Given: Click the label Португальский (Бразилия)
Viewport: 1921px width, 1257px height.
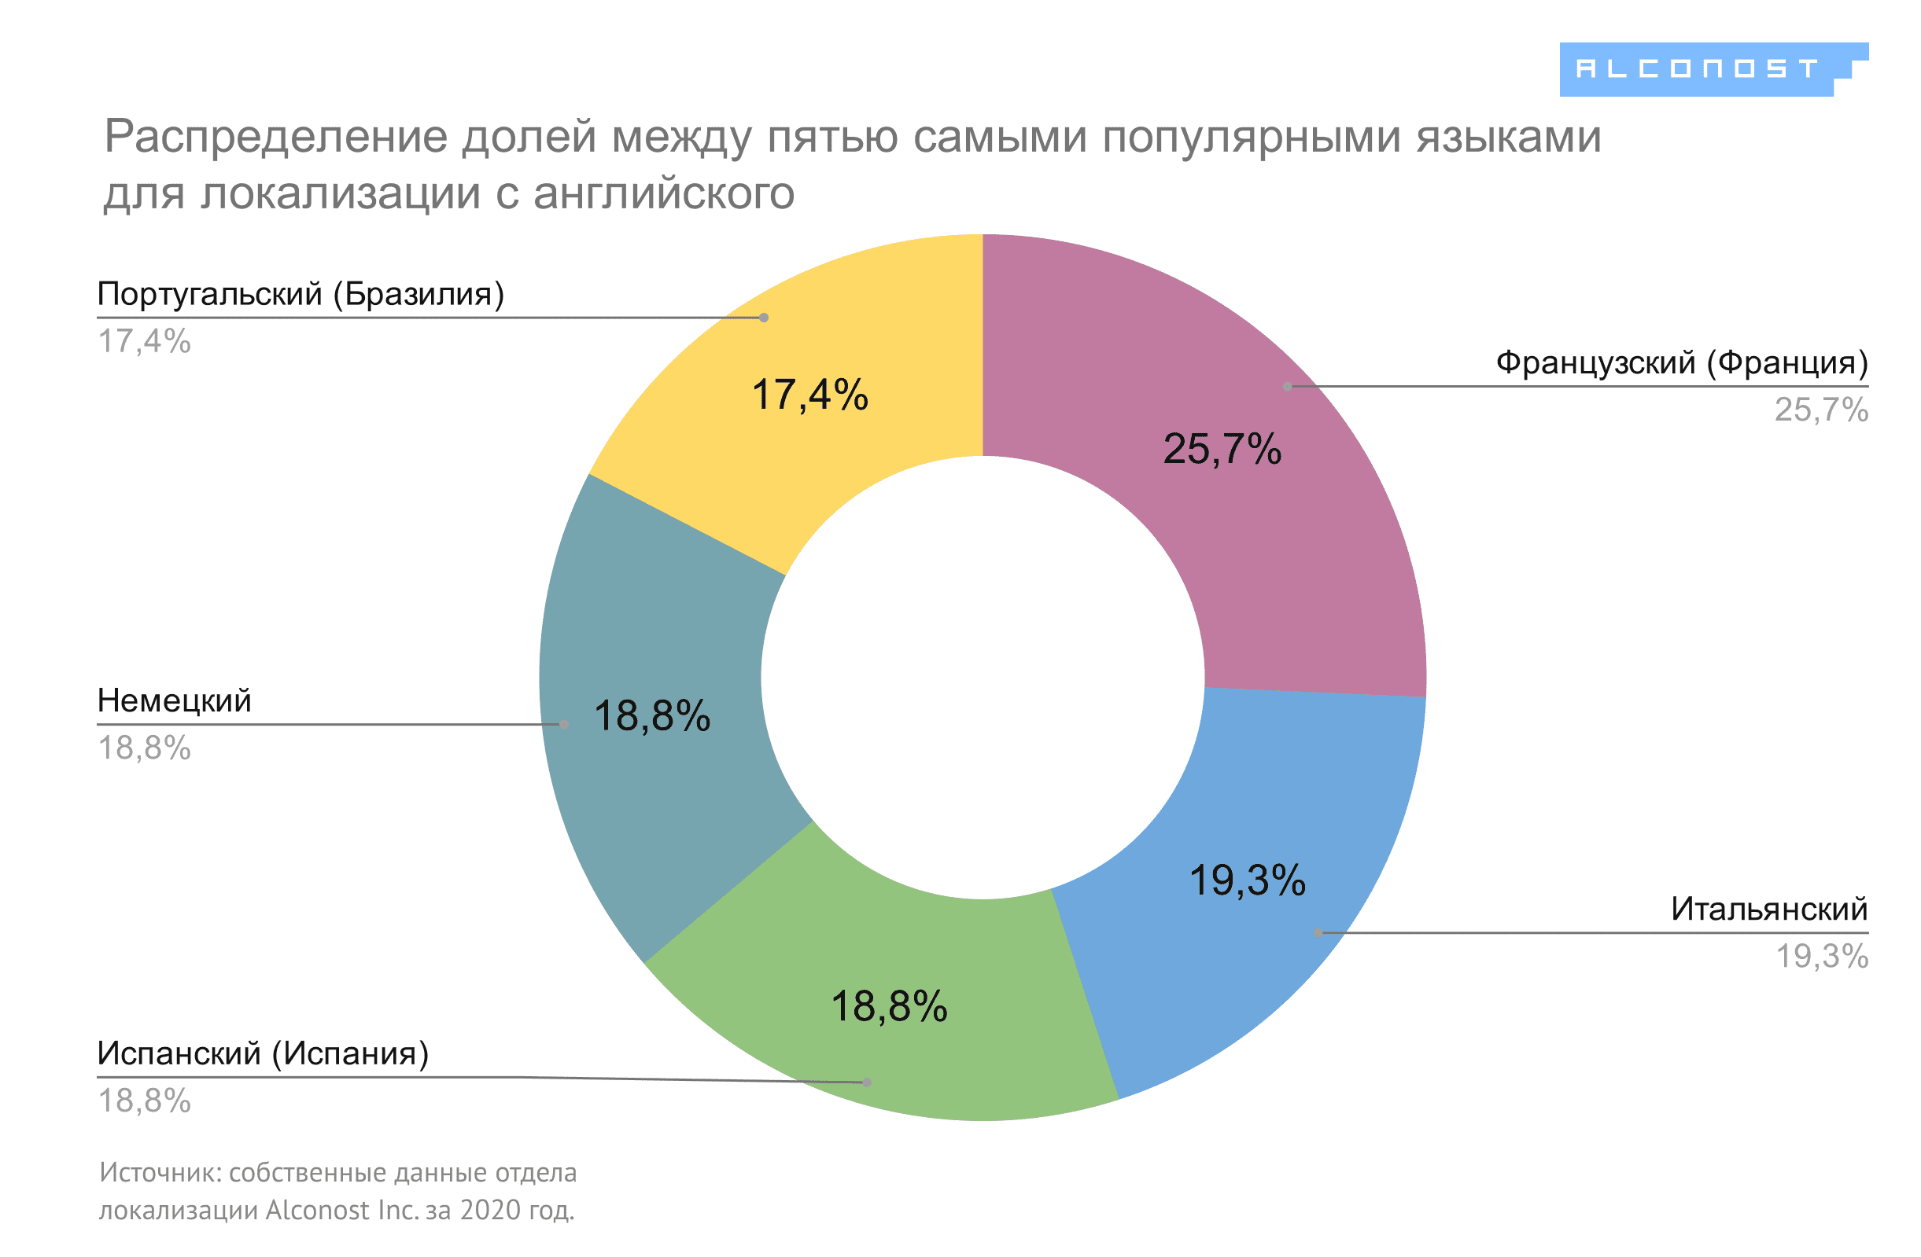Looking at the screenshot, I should click(x=301, y=294).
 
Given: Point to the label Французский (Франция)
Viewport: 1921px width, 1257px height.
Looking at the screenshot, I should click(x=1681, y=363).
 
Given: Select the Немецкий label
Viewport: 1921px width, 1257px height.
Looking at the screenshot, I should click(x=175, y=700).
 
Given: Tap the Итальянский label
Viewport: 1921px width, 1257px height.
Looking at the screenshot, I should click(x=1768, y=910).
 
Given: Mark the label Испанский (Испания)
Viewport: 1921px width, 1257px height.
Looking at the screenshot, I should click(x=262, y=1053).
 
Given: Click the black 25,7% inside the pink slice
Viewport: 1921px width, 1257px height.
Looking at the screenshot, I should click(x=1221, y=450).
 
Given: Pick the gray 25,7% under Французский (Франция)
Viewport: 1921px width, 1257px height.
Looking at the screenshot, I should click(x=1820, y=410).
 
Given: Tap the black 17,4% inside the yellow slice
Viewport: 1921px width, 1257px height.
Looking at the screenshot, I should click(x=809, y=395).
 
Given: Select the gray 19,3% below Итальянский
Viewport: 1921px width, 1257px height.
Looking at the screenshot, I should click(x=1822, y=957).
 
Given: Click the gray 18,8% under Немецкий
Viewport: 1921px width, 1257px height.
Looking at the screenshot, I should click(x=145, y=748).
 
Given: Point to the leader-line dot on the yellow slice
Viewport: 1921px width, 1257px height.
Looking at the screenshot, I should click(x=764, y=318).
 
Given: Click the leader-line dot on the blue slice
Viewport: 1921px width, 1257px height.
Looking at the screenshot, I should click(x=1318, y=932).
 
